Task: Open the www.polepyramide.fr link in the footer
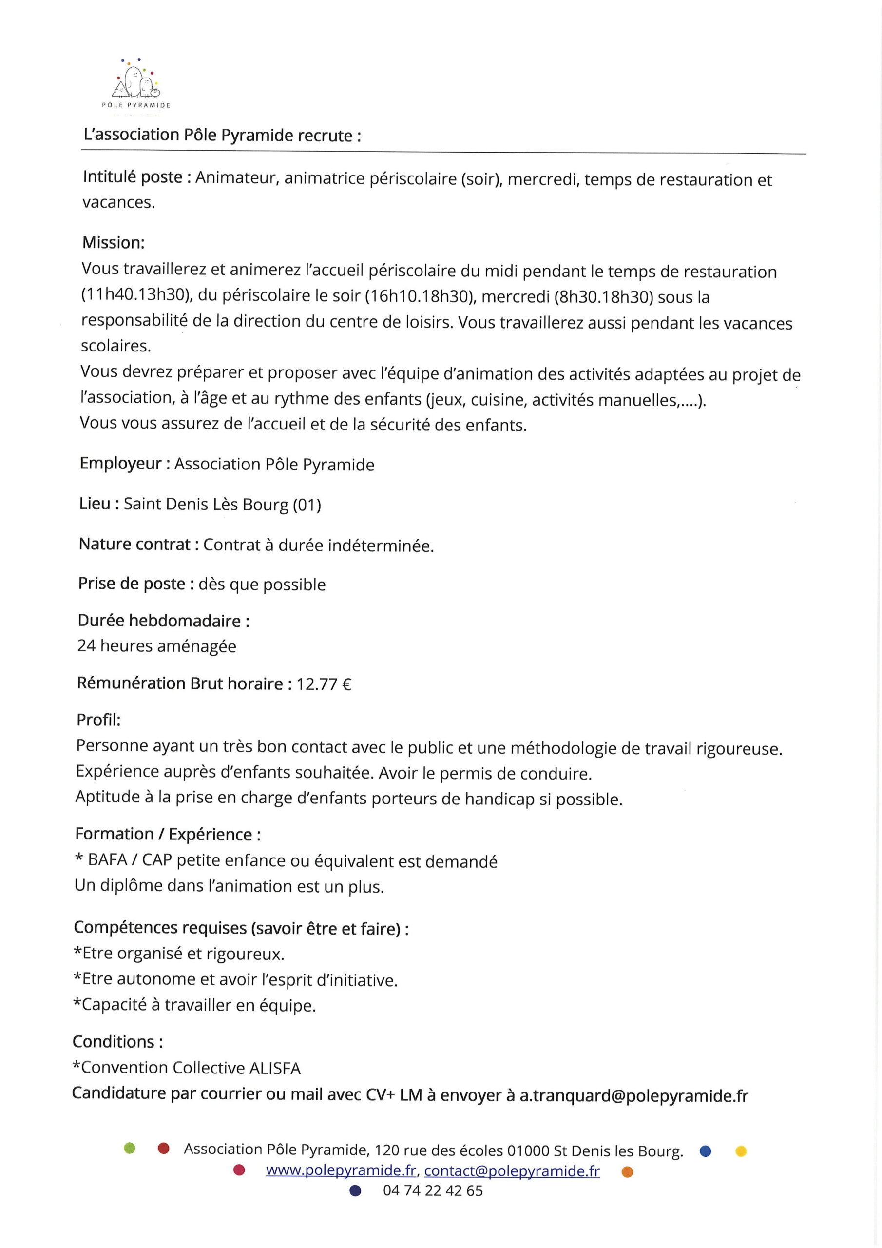(341, 1171)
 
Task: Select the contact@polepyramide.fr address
(512, 1171)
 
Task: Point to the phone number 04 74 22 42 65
(433, 1191)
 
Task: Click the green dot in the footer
(129, 1149)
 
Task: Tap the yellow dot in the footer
(741, 1150)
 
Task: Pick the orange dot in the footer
(627, 1172)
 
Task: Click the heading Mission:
(114, 242)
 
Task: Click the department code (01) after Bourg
(307, 506)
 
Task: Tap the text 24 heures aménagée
(156, 646)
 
